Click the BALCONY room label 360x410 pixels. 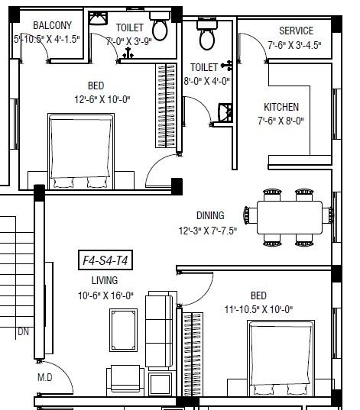tap(52, 26)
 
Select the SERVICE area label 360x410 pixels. tap(295, 31)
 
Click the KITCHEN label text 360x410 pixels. tap(281, 107)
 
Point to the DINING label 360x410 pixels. tap(209, 216)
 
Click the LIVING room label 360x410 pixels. tap(105, 281)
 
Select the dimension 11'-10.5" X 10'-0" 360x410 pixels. tap(268, 309)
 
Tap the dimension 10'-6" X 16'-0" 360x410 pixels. tap(105, 295)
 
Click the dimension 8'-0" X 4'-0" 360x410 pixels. tap(208, 81)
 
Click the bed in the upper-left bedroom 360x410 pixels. tap(76, 150)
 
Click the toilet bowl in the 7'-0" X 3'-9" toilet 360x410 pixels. tap(160, 28)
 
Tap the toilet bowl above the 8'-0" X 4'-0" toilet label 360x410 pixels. tap(206, 36)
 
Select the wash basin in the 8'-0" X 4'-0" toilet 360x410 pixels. tap(224, 112)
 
